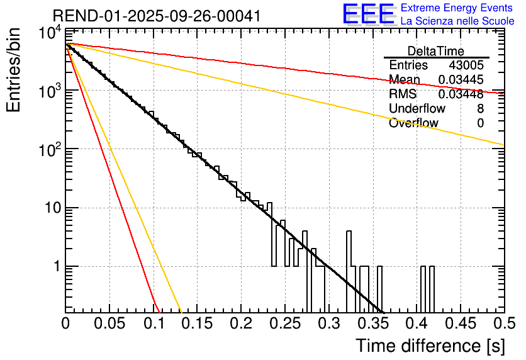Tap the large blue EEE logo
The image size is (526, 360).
(368, 14)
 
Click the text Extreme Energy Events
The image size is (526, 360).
(457, 8)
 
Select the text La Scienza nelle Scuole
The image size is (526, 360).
(457, 21)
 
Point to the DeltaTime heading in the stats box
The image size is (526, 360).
(436, 51)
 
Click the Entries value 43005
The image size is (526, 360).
(466, 65)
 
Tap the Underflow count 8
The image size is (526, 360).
(480, 109)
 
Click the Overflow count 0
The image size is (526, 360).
(480, 123)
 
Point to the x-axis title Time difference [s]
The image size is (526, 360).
(430, 346)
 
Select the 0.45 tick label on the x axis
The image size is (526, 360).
(460, 324)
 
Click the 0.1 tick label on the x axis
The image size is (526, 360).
(153, 324)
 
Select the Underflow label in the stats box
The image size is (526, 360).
(417, 109)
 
